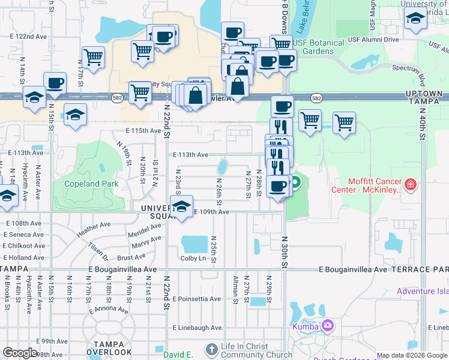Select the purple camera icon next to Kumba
(x=328, y=326)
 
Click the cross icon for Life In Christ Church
(x=211, y=349)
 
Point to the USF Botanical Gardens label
(x=319, y=47)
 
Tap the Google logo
(x=19, y=353)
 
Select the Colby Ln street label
(x=193, y=259)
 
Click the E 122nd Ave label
(x=28, y=37)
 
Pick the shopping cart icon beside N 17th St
(x=93, y=58)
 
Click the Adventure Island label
(x=423, y=292)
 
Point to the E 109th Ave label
(x=211, y=212)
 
